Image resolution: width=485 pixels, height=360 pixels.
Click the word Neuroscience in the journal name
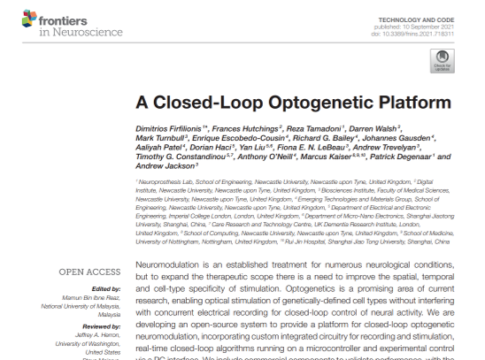61,33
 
